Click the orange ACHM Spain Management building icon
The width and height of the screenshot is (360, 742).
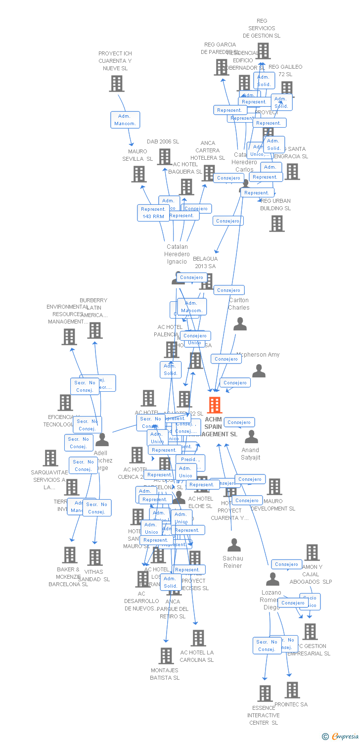[214, 405]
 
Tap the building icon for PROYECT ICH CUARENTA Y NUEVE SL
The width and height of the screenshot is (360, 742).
[116, 84]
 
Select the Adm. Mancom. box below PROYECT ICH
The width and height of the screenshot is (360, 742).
[125, 120]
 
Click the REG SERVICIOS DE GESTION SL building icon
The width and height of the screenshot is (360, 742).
[263, 50]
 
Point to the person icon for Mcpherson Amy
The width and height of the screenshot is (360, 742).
[259, 371]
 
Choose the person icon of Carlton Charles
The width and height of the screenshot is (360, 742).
[240, 324]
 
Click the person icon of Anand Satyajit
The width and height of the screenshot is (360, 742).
[251, 437]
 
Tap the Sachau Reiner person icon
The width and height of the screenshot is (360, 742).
[234, 545]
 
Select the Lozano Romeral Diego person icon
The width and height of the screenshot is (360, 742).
[272, 579]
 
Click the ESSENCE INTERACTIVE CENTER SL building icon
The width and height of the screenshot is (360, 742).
[265, 693]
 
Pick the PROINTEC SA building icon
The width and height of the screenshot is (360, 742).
[292, 690]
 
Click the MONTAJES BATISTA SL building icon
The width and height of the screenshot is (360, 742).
[166, 656]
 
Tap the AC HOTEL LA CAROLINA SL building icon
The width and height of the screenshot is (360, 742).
[198, 638]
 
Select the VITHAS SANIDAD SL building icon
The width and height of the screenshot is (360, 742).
[95, 557]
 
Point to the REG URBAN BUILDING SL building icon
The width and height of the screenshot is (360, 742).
[276, 223]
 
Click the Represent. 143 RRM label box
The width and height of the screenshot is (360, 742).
[153, 213]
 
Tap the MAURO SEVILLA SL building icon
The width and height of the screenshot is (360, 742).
[139, 174]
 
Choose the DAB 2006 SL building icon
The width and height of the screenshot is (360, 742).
[164, 156]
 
